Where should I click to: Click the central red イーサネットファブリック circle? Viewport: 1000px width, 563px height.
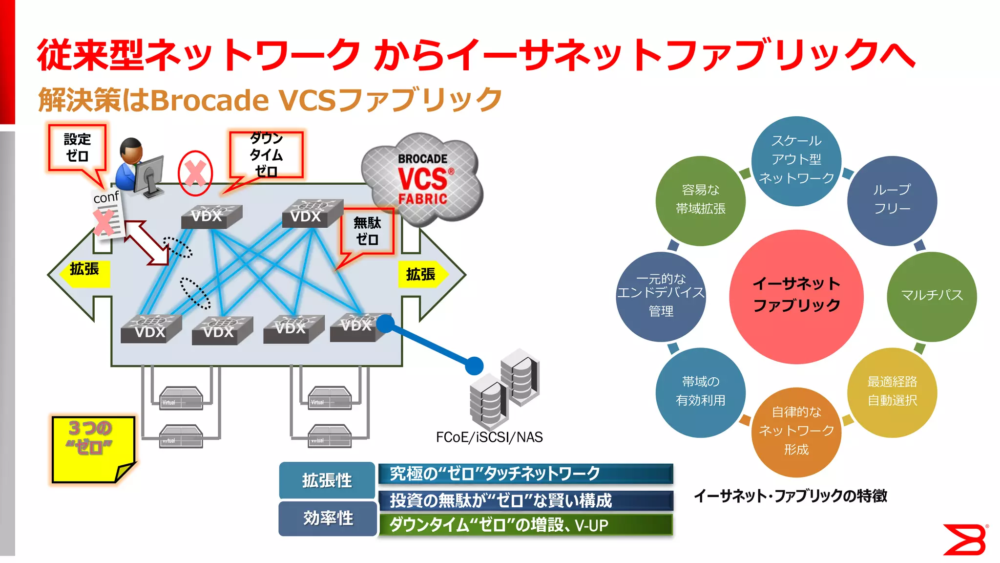(796, 297)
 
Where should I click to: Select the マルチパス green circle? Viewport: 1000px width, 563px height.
(932, 296)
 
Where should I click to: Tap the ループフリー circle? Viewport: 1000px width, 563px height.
(892, 200)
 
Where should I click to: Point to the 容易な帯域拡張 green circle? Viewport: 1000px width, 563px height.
(700, 200)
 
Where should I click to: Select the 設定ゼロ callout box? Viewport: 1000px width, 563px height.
(77, 148)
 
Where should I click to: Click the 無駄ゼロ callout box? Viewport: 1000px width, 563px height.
(367, 231)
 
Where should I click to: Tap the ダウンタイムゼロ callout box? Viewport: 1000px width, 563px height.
(266, 155)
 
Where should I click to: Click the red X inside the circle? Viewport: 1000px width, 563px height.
(195, 173)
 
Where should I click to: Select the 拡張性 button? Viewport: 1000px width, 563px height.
(327, 480)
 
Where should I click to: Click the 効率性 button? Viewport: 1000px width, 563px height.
(328, 519)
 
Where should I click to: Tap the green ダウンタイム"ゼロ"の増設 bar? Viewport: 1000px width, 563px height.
(525, 525)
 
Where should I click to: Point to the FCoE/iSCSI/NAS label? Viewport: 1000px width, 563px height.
(489, 437)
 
